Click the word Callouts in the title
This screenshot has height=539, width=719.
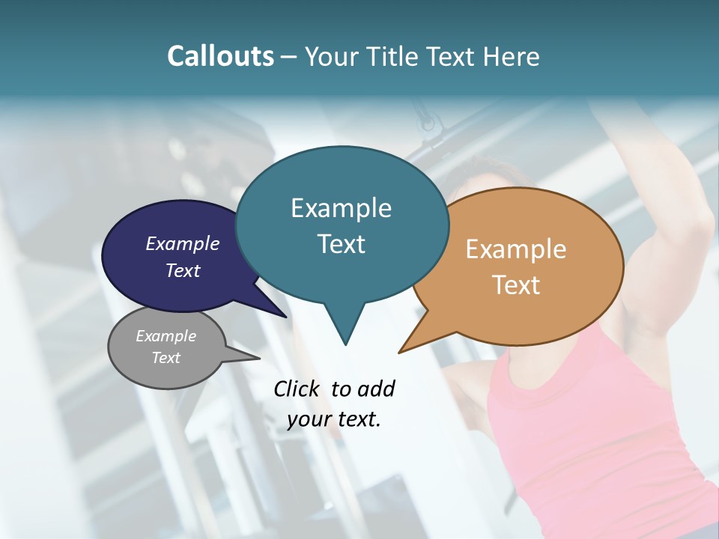tap(220, 56)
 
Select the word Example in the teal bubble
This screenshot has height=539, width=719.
tap(341, 208)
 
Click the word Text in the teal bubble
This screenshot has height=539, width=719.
tap(341, 244)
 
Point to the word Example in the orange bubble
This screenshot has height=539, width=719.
tap(516, 249)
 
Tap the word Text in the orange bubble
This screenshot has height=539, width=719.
tap(516, 285)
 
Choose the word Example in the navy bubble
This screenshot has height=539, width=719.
tap(182, 243)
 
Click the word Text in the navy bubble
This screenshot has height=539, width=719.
tap(182, 270)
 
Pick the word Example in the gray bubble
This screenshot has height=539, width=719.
tap(166, 336)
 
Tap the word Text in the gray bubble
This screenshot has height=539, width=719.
tap(166, 358)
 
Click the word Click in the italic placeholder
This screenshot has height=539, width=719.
tap(297, 389)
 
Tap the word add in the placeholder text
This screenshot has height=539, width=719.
tap(376, 389)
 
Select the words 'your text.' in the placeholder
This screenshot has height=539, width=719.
tap(334, 419)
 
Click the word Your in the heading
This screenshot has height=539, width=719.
tap(327, 56)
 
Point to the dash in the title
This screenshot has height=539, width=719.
tap(289, 57)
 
